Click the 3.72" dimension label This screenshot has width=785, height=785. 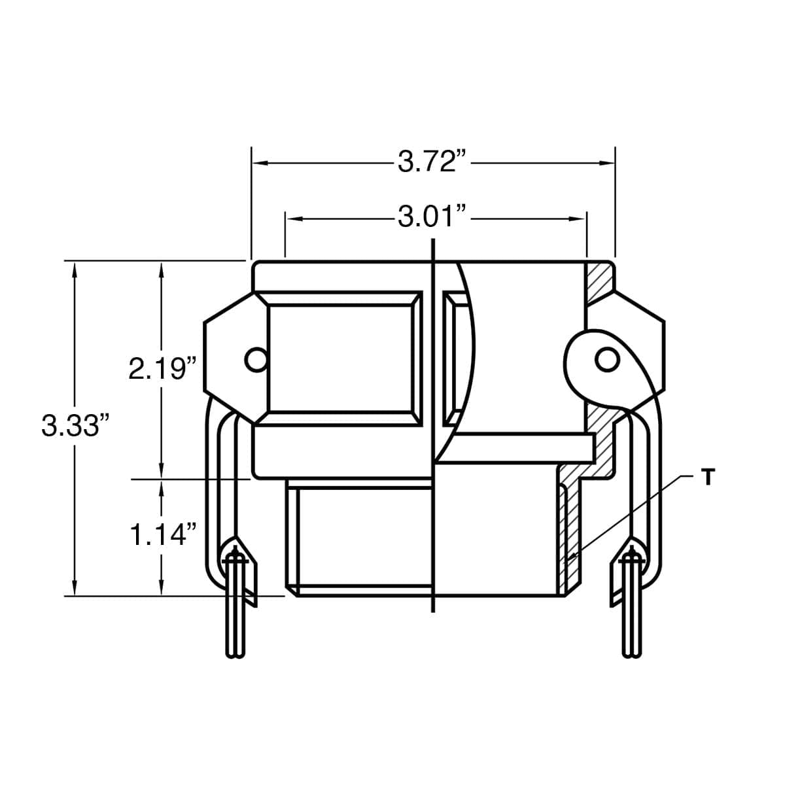(x=431, y=162)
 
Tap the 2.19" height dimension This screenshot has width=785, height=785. (x=162, y=369)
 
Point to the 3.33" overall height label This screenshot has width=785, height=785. (x=76, y=425)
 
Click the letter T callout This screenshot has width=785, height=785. (x=708, y=477)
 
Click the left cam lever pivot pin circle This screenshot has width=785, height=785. (x=256, y=360)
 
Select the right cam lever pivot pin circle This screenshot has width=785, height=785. (x=607, y=360)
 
